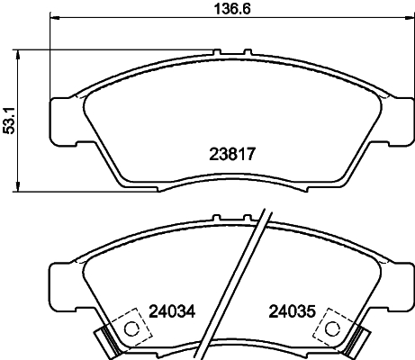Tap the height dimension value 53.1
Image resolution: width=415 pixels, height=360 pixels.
[x=10, y=120]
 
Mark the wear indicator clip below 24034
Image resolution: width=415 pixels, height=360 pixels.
[x=105, y=340]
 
